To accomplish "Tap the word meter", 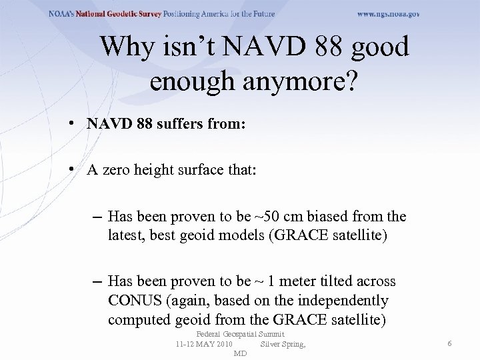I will pyautogui.click(x=293, y=282).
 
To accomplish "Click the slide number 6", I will pyautogui.click(x=450, y=343).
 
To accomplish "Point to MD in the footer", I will pyautogui.click(x=241, y=353).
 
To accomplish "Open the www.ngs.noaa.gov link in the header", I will pyautogui.click(x=388, y=14).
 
